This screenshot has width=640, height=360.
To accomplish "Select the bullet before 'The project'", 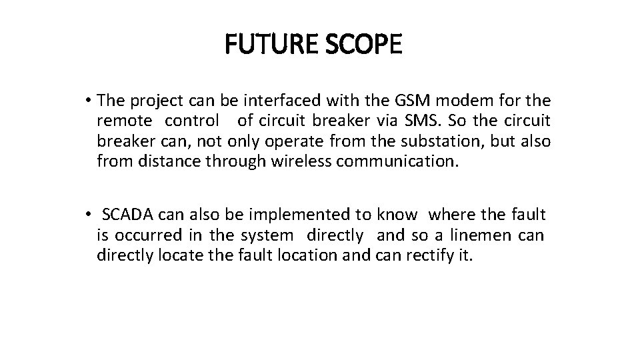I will (x=88, y=101).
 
